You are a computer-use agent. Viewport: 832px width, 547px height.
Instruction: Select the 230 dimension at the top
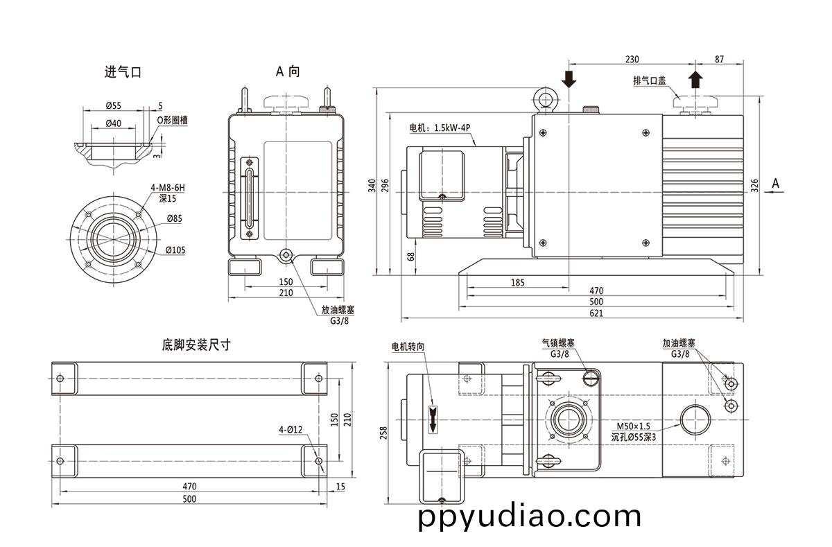pyautogui.click(x=632, y=60)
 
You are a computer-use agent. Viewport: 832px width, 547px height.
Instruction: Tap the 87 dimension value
pyautogui.click(x=718, y=60)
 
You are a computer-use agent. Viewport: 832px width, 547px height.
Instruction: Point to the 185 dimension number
pyautogui.click(x=517, y=282)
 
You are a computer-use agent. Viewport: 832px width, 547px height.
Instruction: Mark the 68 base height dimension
pyautogui.click(x=410, y=256)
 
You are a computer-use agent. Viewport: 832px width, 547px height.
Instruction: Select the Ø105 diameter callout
pyautogui.click(x=175, y=250)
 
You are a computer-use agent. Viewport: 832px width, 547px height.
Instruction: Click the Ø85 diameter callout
pyautogui.click(x=175, y=219)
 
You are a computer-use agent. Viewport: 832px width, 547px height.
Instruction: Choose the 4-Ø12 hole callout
pyautogui.click(x=291, y=429)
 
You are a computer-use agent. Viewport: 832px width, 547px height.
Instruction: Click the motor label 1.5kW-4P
pyautogui.click(x=440, y=128)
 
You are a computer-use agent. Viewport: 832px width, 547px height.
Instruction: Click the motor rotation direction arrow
pyautogui.click(x=433, y=418)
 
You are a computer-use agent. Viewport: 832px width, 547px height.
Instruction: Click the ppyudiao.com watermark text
pyautogui.click(x=530, y=516)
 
